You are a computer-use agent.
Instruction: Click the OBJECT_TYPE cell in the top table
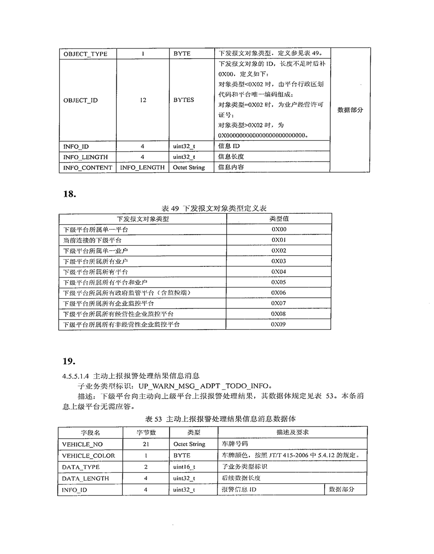click(x=85, y=54)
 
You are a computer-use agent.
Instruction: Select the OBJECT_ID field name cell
click(x=81, y=100)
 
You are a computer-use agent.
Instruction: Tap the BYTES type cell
click(x=184, y=100)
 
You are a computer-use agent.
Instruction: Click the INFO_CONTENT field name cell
click(x=88, y=168)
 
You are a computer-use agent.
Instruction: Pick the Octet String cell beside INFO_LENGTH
click(x=189, y=168)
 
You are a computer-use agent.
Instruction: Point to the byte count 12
click(x=143, y=100)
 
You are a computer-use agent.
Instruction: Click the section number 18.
click(x=69, y=194)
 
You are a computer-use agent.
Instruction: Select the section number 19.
click(x=69, y=360)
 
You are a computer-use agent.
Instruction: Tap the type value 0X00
click(x=279, y=229)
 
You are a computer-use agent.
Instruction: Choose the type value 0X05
click(x=279, y=282)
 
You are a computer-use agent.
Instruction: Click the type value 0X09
click(x=279, y=325)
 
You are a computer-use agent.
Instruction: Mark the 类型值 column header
click(x=279, y=219)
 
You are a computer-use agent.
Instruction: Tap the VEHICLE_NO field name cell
click(x=83, y=444)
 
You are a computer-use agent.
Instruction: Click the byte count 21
click(x=146, y=444)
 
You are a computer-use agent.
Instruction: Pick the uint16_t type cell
click(x=184, y=467)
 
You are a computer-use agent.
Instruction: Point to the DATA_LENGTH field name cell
click(x=85, y=478)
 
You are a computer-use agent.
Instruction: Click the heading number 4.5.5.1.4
click(x=76, y=376)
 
